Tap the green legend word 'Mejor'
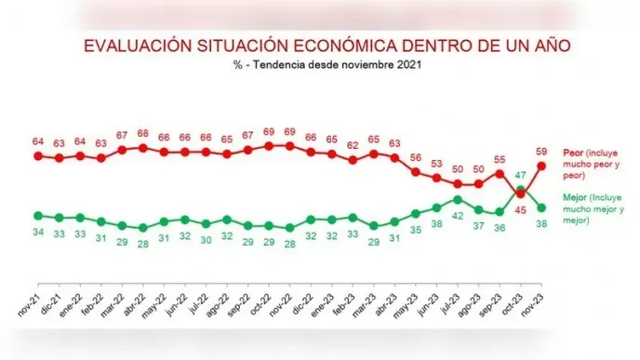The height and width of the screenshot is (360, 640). pos(577,198)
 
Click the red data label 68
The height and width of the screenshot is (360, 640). pos(142,133)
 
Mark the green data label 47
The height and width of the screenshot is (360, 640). pos(521,175)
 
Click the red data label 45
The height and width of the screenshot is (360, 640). pos(521,209)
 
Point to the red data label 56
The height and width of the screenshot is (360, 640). pos(416,157)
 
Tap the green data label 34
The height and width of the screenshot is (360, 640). pos(38,232)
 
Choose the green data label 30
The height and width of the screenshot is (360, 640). pos(206,239)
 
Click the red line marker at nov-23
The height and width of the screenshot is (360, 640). pos(540,166)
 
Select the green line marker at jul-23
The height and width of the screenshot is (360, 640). pos(458,199)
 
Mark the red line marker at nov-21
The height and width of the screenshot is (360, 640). pos(38,155)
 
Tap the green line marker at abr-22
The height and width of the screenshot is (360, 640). pos(142,228)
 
